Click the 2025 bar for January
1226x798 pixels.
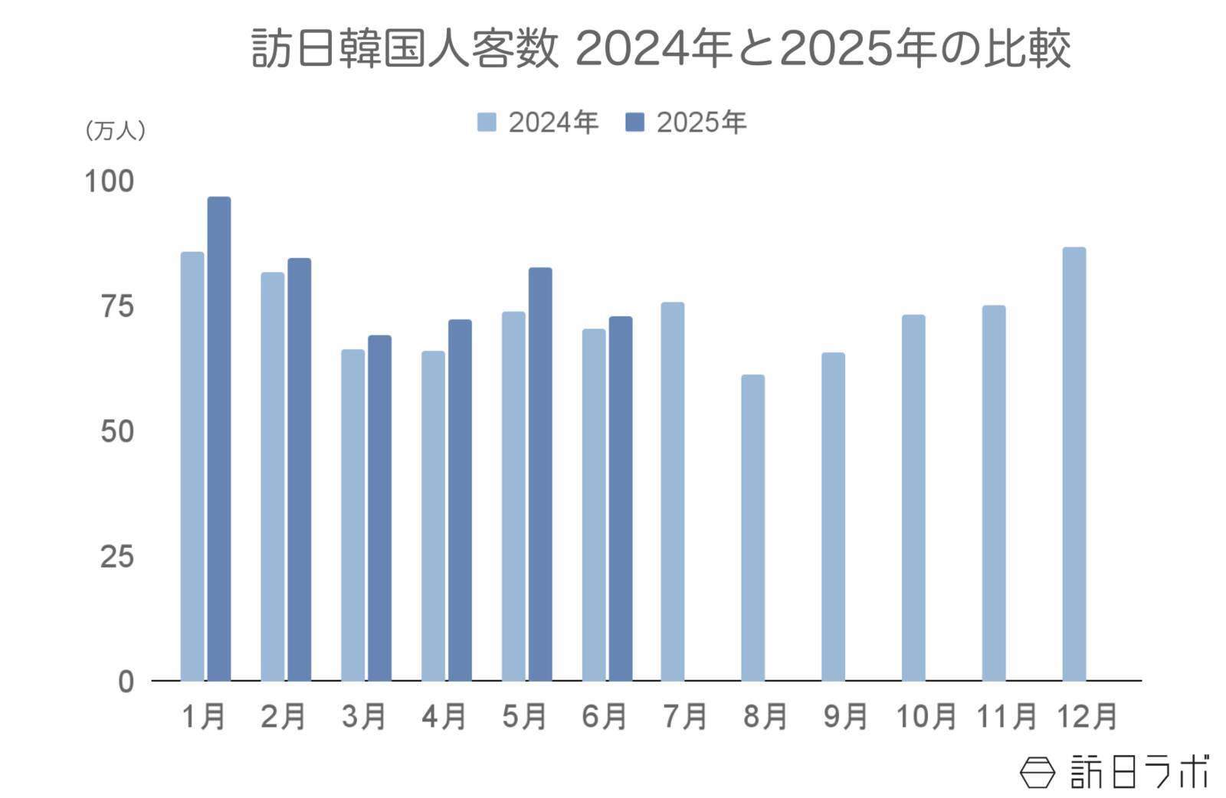click(219, 439)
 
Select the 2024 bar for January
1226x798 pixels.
click(192, 466)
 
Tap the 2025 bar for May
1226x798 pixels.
click(540, 474)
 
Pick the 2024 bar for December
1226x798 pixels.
click(1074, 464)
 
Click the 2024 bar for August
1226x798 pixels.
click(752, 528)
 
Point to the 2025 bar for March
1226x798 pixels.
click(379, 508)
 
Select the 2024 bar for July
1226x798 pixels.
click(673, 492)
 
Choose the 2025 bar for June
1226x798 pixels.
click(621, 499)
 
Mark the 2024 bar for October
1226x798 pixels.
click(913, 498)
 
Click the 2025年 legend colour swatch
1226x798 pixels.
click(635, 123)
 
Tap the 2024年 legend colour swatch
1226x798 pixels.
click(487, 123)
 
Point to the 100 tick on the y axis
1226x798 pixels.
click(108, 182)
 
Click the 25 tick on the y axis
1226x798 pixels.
click(116, 557)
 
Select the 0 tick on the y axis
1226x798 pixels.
click(126, 682)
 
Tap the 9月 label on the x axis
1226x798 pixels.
click(845, 717)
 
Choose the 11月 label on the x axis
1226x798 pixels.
click(1006, 717)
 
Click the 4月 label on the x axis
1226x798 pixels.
click(444, 717)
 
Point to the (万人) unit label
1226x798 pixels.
click(115, 131)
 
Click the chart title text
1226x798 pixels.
click(661, 49)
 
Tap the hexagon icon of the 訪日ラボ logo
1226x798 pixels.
click(1037, 772)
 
